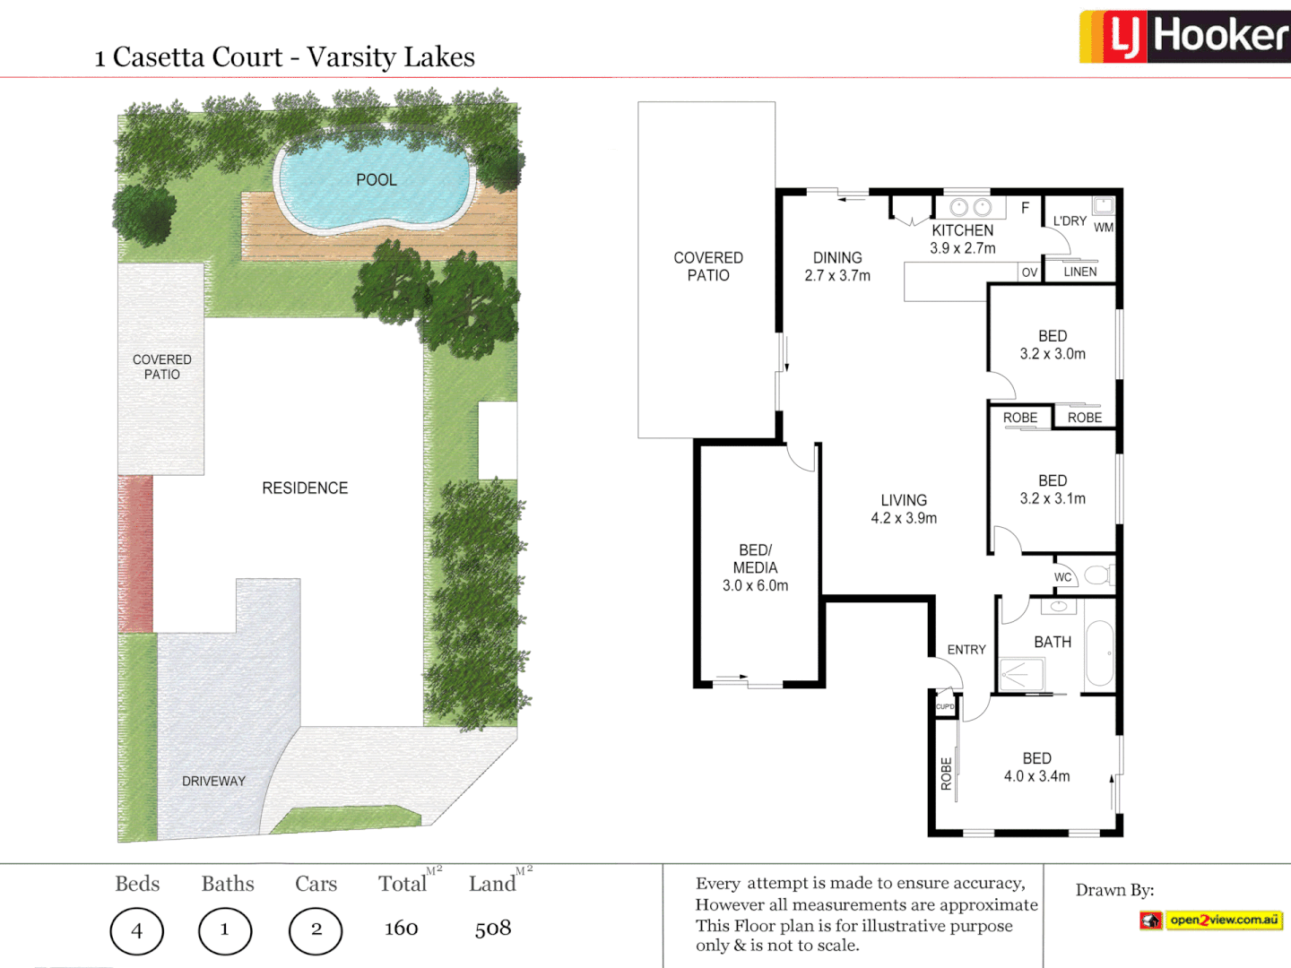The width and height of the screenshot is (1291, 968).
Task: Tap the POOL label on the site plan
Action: pyautogui.click(x=376, y=180)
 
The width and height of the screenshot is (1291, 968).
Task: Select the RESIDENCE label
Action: pyautogui.click(x=305, y=488)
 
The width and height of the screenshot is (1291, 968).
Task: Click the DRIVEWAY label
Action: pyautogui.click(x=213, y=782)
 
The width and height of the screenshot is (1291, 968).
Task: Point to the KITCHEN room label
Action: pyautogui.click(x=962, y=230)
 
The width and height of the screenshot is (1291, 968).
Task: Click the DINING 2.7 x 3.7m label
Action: pyautogui.click(x=837, y=267)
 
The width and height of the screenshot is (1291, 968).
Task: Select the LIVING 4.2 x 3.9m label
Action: pyautogui.click(x=904, y=509)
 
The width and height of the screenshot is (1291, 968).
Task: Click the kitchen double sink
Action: pyautogui.click(x=971, y=208)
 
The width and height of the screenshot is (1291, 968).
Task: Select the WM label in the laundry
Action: pyautogui.click(x=1104, y=228)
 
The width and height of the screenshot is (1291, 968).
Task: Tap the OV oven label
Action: pyautogui.click(x=1029, y=272)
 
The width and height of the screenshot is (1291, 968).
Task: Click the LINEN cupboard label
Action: pyautogui.click(x=1080, y=272)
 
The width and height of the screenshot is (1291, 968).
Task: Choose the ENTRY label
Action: pyautogui.click(x=966, y=650)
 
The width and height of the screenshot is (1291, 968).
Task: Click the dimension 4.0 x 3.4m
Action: pyautogui.click(x=1036, y=777)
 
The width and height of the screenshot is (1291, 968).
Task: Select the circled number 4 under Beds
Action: pyautogui.click(x=136, y=931)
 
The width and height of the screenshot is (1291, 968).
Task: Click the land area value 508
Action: pyautogui.click(x=492, y=929)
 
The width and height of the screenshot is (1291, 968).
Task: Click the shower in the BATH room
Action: pyautogui.click(x=1020, y=674)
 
